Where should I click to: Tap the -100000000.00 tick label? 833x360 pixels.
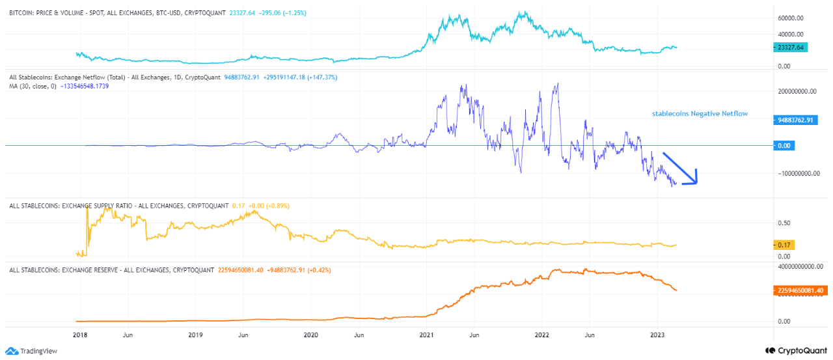799,174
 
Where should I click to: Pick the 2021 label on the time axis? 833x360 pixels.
426,334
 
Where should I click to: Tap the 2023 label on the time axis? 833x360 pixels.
657,334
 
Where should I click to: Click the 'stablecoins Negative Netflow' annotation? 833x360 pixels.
700,114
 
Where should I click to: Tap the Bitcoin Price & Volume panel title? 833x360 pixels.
117,12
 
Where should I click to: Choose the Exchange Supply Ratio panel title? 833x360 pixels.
117,206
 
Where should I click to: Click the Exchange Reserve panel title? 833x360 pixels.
111,270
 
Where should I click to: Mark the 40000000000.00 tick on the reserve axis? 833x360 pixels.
800,266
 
